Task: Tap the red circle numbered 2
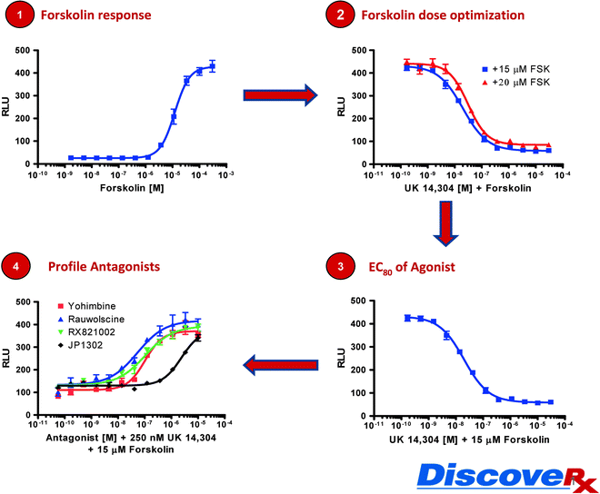pos(340,16)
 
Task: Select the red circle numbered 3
pos(340,269)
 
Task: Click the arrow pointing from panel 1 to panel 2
pos(280,94)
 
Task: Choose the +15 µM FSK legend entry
pos(515,67)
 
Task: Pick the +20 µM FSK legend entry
pos(515,80)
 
